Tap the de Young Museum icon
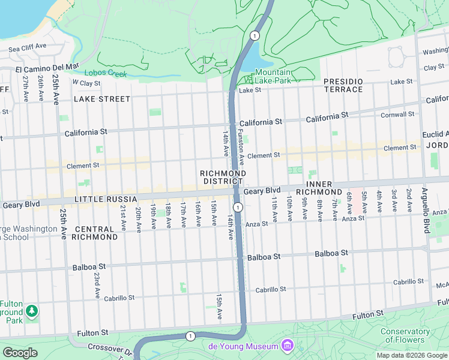[287, 346]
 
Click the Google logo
[20, 353]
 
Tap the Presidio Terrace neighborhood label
[343, 85]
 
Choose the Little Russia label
[101, 199]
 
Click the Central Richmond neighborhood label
[95, 233]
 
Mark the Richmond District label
[223, 177]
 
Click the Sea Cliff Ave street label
[27, 46]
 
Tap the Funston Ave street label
[241, 147]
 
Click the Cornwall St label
[397, 114]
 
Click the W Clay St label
[86, 82]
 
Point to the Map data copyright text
[412, 355]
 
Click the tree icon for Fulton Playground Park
[31, 311]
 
